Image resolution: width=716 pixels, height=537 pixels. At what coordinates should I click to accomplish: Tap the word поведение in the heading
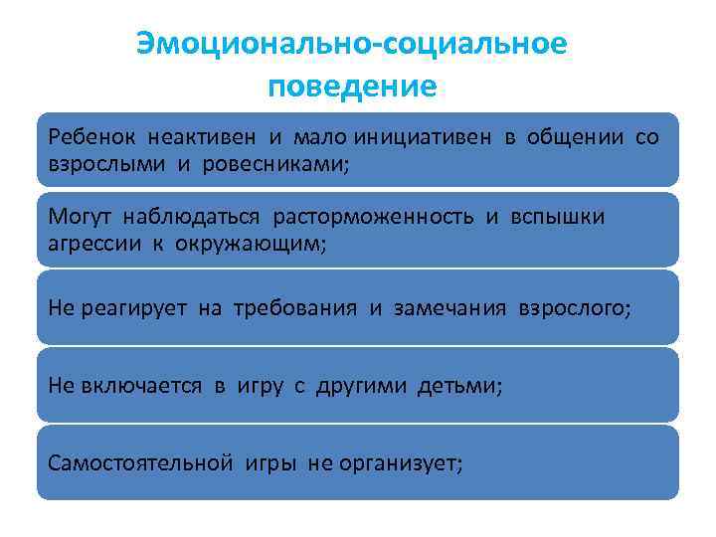click(x=351, y=87)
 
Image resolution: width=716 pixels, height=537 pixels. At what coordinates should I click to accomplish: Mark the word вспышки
click(x=558, y=217)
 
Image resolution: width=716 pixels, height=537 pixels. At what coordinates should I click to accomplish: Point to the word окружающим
click(x=256, y=243)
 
